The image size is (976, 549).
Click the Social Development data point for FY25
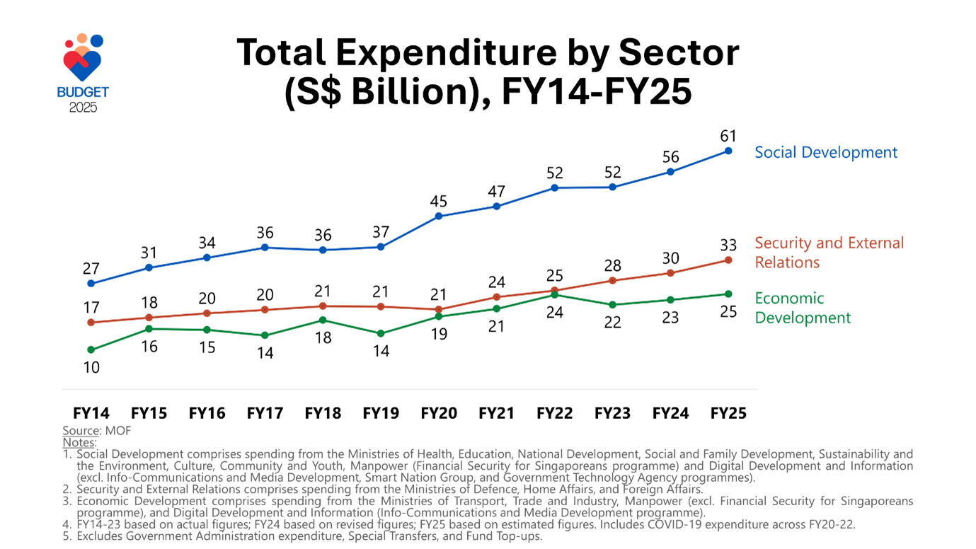(728, 151)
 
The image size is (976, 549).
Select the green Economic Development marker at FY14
(91, 349)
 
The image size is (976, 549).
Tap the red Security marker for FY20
(439, 309)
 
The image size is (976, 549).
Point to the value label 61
(728, 136)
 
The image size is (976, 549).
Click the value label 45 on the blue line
(439, 202)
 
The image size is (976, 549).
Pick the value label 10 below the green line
(91, 368)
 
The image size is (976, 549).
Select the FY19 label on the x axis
(381, 413)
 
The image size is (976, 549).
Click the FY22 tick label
(554, 413)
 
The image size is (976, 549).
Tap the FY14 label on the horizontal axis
(91, 413)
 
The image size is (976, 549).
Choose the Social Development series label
(825, 152)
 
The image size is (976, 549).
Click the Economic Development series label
(803, 308)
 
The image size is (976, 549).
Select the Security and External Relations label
(829, 253)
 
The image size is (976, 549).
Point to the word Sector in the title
(678, 53)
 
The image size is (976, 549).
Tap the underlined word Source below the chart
(80, 430)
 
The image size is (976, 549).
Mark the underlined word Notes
(79, 442)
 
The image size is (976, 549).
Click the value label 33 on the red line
(728, 245)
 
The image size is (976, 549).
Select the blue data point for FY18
(323, 250)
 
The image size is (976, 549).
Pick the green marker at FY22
(554, 294)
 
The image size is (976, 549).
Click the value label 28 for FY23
(612, 266)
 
